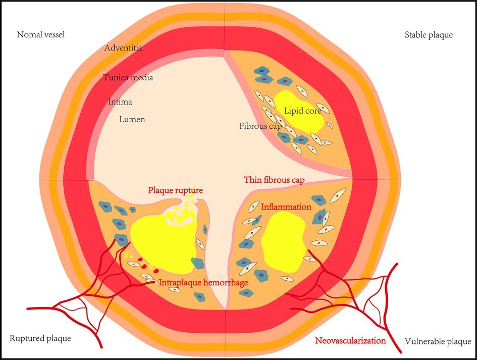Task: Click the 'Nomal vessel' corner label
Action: click(x=41, y=35)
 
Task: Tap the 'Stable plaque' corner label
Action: click(x=429, y=35)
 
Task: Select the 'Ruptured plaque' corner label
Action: click(x=40, y=338)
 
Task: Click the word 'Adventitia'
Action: click(x=123, y=48)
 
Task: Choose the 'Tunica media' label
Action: click(x=128, y=78)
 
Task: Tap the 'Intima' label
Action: click(x=120, y=102)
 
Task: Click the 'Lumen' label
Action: click(x=132, y=120)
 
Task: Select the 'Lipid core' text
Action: click(x=302, y=111)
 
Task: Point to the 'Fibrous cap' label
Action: click(x=260, y=126)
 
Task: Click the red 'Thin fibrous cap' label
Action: click(x=274, y=180)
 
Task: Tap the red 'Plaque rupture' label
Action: click(x=176, y=191)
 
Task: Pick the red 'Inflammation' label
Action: click(x=286, y=207)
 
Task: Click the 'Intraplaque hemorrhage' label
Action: click(x=203, y=282)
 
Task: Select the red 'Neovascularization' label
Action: click(x=350, y=340)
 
